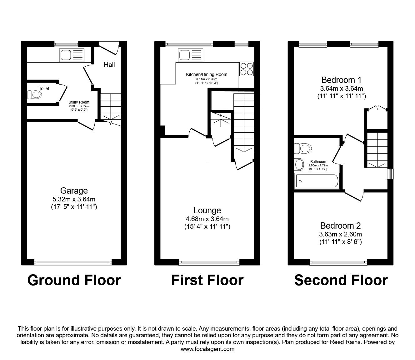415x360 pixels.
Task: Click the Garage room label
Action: pyautogui.click(x=74, y=190)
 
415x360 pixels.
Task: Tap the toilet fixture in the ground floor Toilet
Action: pyautogui.click(x=34, y=95)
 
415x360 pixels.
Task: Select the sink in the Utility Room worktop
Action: pyautogui.click(x=72, y=55)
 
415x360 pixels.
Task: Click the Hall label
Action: pyautogui.click(x=109, y=65)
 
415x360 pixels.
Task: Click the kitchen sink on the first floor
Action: pyautogui.click(x=190, y=55)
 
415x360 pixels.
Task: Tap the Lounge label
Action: pyautogui.click(x=207, y=210)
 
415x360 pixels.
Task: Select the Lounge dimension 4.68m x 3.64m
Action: pyautogui.click(x=207, y=219)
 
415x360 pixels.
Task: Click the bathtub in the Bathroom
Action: pyautogui.click(x=316, y=181)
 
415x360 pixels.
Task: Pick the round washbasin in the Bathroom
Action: pyautogui.click(x=299, y=165)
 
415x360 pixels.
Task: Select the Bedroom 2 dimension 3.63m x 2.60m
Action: pyautogui.click(x=341, y=234)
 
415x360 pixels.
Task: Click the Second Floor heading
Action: pyautogui.click(x=341, y=280)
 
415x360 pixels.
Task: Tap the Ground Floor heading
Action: pyautogui.click(x=74, y=280)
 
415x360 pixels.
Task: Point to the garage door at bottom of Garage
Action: pyautogui.click(x=73, y=262)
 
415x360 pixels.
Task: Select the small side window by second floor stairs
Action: pyautogui.click(x=390, y=174)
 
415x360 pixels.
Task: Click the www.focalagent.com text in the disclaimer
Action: pyautogui.click(x=207, y=349)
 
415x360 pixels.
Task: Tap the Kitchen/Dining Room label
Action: pyautogui.click(x=207, y=74)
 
